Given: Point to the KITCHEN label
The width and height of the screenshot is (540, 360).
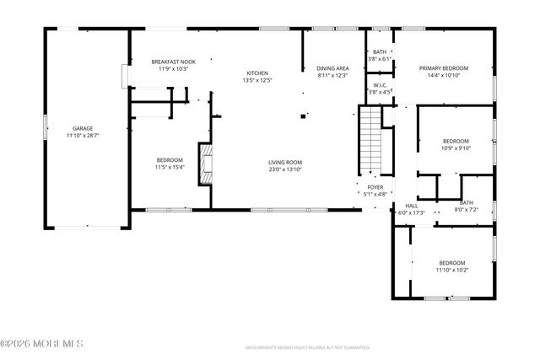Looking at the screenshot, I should [x=256, y=73].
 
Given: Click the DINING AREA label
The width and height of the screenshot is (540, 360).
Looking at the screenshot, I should [x=332, y=68].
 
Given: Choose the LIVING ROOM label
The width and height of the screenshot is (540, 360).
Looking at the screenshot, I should [x=285, y=162].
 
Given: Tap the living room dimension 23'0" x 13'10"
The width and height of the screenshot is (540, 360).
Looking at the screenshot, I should [x=285, y=169].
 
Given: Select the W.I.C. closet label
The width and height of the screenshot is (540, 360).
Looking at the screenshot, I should [x=380, y=85].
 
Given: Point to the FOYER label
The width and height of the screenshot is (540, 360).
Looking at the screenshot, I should [x=375, y=187].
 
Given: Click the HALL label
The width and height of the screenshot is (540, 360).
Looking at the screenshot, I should [x=411, y=205].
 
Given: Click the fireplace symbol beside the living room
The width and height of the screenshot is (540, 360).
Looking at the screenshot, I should [x=202, y=164].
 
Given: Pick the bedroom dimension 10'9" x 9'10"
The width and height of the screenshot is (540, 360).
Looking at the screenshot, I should [x=456, y=148].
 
